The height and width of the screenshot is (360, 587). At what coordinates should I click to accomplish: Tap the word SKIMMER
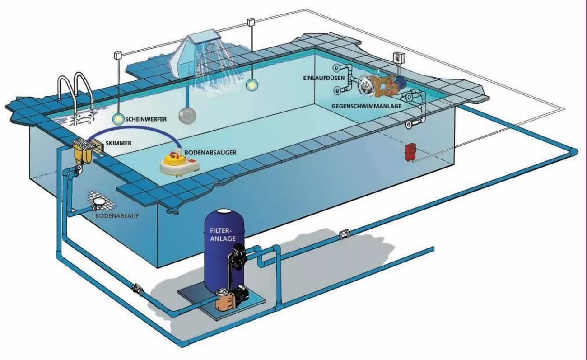[x=118, y=143]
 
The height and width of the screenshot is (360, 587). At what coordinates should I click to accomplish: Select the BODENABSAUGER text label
[x=210, y=153]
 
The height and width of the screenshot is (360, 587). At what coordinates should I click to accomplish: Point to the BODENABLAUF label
[x=117, y=216]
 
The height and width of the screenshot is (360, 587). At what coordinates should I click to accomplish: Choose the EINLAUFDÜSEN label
[x=324, y=78]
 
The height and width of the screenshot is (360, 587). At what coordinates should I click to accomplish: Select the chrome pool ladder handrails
[x=75, y=90]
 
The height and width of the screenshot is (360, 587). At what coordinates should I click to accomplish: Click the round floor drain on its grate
[x=99, y=206]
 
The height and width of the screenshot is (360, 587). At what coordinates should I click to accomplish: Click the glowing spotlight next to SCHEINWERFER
[x=118, y=119]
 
